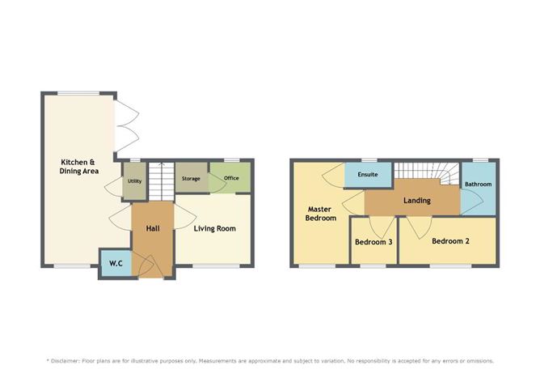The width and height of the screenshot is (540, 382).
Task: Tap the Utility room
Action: click(133, 182)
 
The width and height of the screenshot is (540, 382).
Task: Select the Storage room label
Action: click(191, 178)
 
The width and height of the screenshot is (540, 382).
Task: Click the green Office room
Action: click(231, 178)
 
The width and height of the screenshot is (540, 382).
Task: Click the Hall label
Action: click(153, 229)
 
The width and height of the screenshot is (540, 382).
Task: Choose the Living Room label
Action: click(215, 229)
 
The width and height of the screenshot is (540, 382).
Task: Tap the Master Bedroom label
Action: click(319, 213)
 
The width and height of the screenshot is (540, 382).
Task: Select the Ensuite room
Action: click(367, 174)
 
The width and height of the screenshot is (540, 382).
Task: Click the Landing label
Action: click(417, 201)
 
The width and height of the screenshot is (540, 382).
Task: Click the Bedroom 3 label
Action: click(373, 242)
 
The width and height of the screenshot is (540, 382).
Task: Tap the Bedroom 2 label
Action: click(449, 241)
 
